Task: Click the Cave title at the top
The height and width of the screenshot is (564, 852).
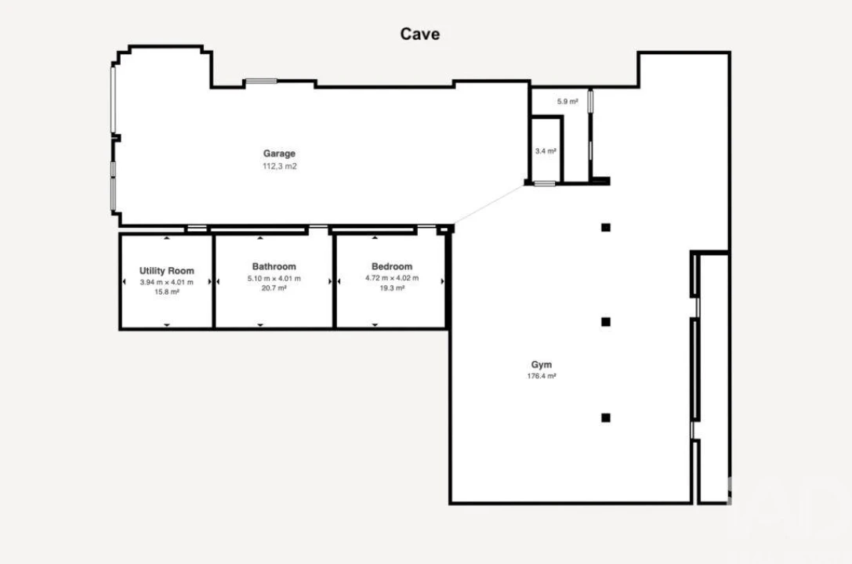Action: tap(419, 34)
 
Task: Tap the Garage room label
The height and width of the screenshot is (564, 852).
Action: tap(279, 154)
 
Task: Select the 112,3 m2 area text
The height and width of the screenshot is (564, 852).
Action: tap(280, 166)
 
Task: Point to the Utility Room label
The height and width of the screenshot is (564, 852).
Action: tap(167, 271)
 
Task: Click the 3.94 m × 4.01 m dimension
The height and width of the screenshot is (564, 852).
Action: tap(167, 282)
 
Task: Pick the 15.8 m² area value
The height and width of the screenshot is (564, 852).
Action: tap(167, 292)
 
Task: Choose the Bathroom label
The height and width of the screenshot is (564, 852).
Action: tap(274, 266)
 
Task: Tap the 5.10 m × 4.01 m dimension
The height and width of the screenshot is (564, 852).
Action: tap(274, 278)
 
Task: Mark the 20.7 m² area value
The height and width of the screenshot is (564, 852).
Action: tap(274, 288)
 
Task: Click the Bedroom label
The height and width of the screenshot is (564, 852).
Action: tap(392, 266)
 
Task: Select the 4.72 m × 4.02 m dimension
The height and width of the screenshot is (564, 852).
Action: tap(392, 278)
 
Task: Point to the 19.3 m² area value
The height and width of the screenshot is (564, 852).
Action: tap(392, 288)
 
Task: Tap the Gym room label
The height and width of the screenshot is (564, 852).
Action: tap(541, 365)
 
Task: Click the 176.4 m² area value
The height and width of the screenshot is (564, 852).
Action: tap(541, 376)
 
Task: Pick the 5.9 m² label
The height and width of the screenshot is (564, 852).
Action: tap(567, 102)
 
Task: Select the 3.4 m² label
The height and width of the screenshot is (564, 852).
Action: tap(546, 151)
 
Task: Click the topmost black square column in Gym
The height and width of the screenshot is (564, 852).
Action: tap(606, 227)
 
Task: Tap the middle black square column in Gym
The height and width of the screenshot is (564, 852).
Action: tap(606, 322)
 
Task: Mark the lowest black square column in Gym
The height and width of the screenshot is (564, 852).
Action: tap(606, 418)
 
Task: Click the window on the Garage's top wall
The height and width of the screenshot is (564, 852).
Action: tap(261, 81)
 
